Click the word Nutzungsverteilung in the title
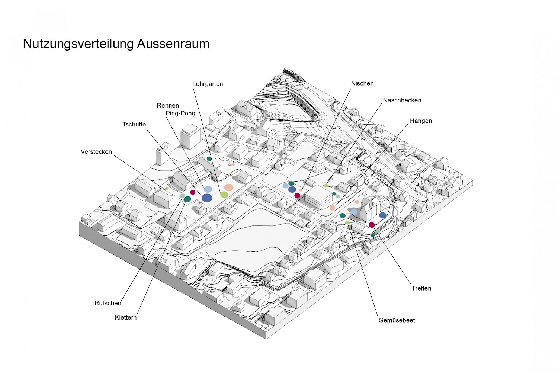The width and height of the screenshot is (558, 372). coord(78,44)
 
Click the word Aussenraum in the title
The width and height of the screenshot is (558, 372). coord(173,44)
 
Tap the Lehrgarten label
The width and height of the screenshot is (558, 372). coord(208,84)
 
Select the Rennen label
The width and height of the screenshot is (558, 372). coord(168,106)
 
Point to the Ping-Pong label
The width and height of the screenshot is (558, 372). coord(180,113)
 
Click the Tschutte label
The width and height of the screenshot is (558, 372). coord(134,125)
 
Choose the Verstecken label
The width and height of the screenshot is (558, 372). coord(96,152)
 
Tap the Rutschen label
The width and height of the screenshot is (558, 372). coord(108,303)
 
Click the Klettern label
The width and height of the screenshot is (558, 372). coord(126,318)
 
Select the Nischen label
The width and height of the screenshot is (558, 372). coord(362,83)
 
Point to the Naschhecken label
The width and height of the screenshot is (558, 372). coord(402,100)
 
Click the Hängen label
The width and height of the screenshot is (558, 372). coord(421,121)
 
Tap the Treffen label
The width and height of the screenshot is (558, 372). coord(421,288)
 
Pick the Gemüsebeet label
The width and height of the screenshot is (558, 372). coord(397,320)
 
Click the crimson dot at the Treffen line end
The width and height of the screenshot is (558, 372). coord(372,225)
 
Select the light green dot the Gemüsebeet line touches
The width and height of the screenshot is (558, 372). coord(347,223)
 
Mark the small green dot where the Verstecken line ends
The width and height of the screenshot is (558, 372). coord(167,189)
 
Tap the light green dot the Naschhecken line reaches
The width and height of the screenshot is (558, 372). coord(326,186)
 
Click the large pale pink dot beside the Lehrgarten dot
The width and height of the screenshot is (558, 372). coord(229,187)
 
